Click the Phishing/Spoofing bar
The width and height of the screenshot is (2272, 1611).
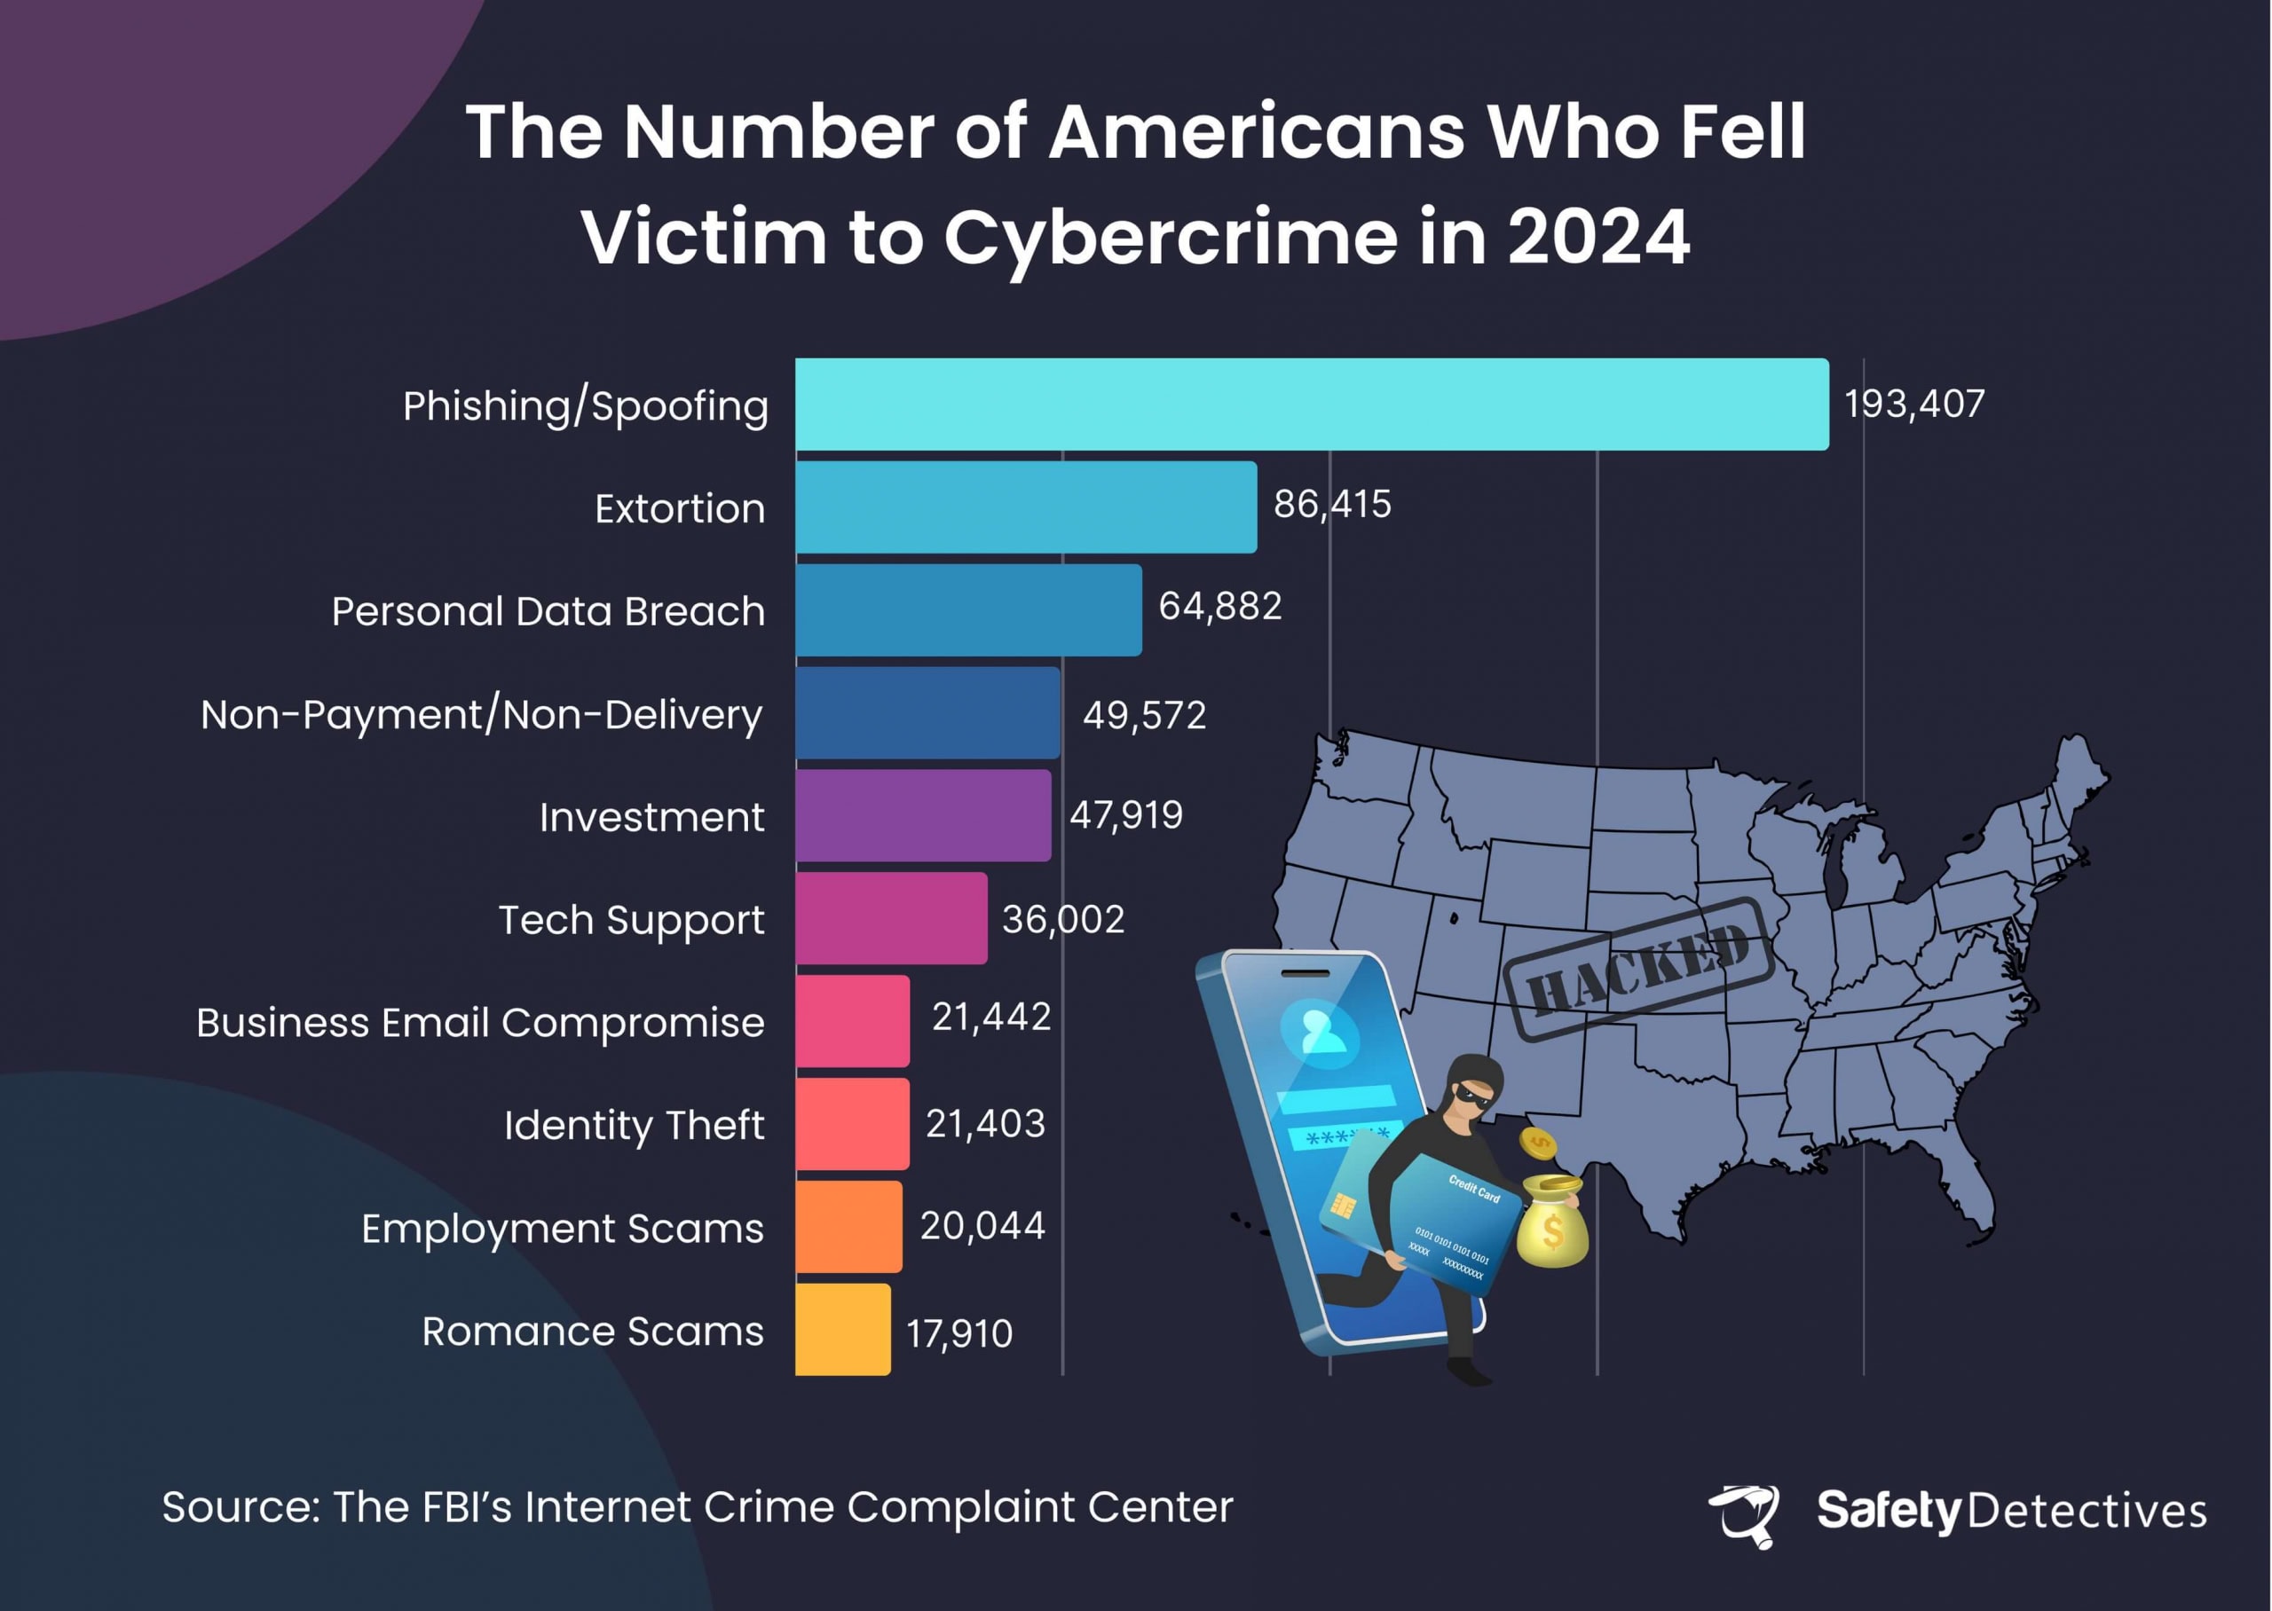point(1312,404)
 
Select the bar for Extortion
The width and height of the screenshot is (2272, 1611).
point(1026,507)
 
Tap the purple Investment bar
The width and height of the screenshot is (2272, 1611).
point(923,815)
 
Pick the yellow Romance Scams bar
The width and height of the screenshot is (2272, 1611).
point(842,1329)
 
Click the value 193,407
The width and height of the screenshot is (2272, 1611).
point(1913,404)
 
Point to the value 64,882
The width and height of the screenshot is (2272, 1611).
point(1219,606)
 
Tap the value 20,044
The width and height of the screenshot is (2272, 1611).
point(982,1226)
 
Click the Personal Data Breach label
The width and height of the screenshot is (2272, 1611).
point(548,611)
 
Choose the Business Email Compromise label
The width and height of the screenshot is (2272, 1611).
point(480,1023)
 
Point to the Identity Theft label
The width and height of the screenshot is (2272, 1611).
point(634,1125)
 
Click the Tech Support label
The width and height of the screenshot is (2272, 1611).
point(631,920)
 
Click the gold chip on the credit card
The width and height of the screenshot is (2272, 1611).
point(1345,1206)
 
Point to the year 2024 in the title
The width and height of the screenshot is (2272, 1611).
point(1598,238)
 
